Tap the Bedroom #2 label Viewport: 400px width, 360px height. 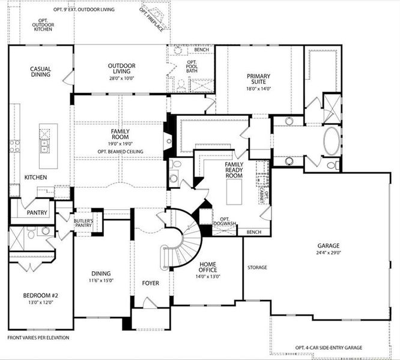pos(38,295)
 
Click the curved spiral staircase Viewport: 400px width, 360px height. pos(180,240)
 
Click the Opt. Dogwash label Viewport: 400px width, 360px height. pos(225,222)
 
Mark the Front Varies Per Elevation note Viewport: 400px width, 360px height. pos(38,338)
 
